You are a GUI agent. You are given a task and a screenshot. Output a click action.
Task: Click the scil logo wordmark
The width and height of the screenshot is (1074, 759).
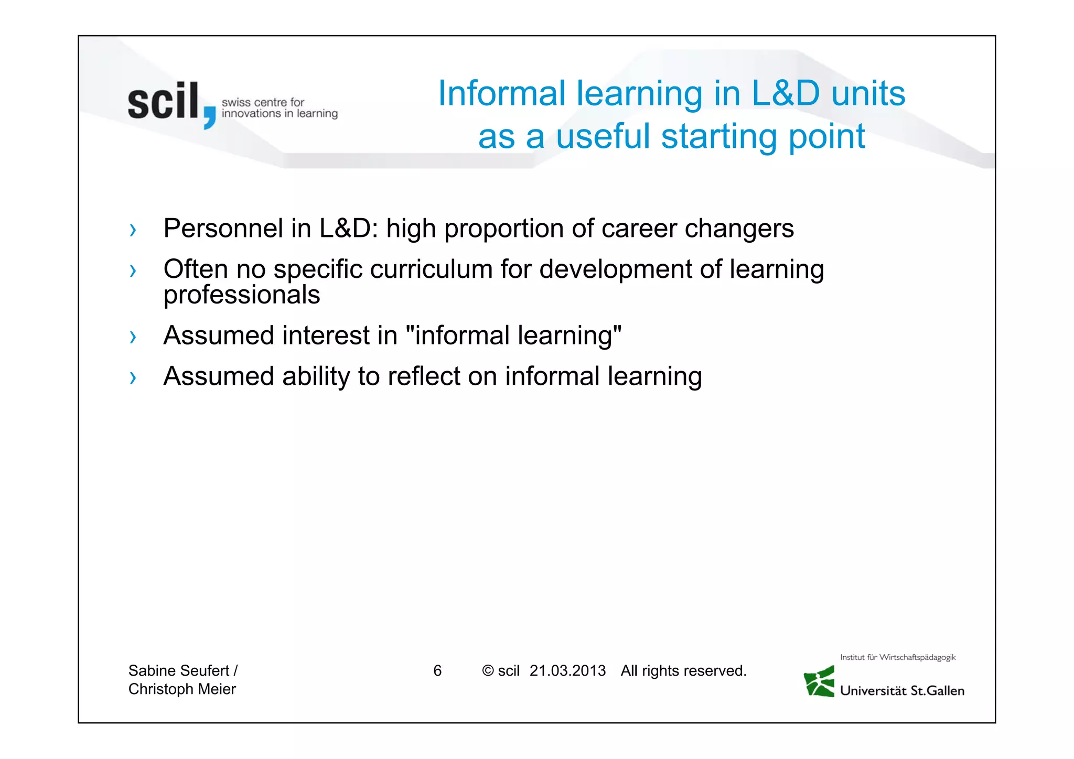[163, 102]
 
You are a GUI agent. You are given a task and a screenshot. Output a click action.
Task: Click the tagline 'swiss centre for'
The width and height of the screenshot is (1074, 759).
[263, 102]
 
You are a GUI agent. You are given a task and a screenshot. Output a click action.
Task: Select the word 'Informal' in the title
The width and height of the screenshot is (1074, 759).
[501, 93]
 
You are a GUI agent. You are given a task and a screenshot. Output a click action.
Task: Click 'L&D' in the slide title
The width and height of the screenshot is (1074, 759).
[785, 93]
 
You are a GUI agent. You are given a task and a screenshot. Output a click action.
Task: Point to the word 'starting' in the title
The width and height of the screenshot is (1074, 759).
[719, 136]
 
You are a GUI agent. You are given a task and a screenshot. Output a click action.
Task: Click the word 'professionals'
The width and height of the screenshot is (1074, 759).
[242, 295]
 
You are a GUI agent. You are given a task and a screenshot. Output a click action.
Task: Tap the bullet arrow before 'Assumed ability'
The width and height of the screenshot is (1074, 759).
[133, 377]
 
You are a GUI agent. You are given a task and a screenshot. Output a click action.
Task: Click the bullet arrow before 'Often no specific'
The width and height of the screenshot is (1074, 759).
[133, 271]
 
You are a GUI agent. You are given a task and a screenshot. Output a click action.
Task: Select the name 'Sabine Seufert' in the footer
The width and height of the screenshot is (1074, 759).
[178, 670]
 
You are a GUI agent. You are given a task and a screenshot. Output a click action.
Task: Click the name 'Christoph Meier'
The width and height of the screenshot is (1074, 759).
[182, 689]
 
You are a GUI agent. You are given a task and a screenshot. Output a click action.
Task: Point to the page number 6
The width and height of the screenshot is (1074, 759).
[437, 671]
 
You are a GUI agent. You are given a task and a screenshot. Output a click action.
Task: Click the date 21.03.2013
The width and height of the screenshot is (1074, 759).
[567, 671]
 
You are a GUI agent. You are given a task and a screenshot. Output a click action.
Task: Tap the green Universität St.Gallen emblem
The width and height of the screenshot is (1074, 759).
[820, 681]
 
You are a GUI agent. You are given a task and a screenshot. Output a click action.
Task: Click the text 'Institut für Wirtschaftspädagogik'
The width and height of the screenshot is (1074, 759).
[898, 657]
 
